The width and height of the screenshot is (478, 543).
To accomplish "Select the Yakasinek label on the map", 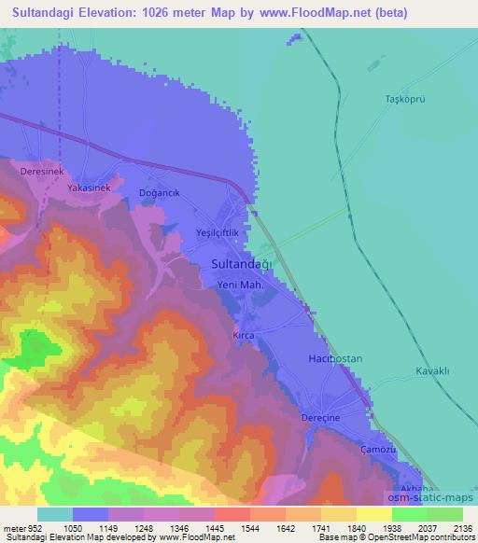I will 89,188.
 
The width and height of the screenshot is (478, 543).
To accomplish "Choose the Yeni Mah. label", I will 235,285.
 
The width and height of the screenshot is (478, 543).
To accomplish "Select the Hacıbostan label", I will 332,358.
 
